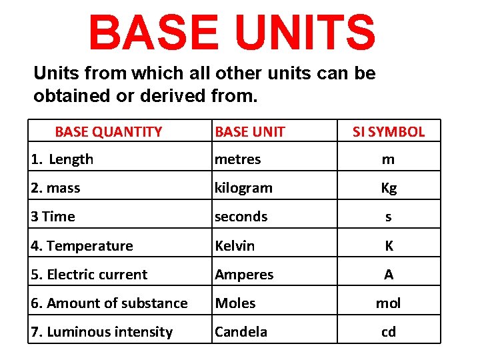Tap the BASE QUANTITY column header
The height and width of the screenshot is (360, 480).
(x=108, y=132)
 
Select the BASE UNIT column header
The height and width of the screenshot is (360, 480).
(x=250, y=132)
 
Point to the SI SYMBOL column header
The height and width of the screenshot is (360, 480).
(x=389, y=132)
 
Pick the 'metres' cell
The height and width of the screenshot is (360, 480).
(x=237, y=159)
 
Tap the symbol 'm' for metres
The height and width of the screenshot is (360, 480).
(x=389, y=159)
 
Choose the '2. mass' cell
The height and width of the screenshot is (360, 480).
(x=55, y=188)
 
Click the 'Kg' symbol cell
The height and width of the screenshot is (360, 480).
(x=389, y=188)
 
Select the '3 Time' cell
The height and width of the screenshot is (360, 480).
(x=53, y=217)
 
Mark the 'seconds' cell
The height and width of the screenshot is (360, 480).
(x=241, y=217)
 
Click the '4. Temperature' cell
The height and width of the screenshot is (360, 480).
(x=82, y=246)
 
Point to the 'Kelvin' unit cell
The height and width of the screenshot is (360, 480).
(x=235, y=246)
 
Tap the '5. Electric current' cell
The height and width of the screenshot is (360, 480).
(x=89, y=275)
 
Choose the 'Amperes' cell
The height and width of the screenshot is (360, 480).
(x=244, y=275)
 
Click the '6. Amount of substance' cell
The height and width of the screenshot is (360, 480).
(x=109, y=303)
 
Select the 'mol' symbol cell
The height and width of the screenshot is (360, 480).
(x=389, y=303)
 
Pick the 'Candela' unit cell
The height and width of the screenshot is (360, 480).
(x=241, y=332)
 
